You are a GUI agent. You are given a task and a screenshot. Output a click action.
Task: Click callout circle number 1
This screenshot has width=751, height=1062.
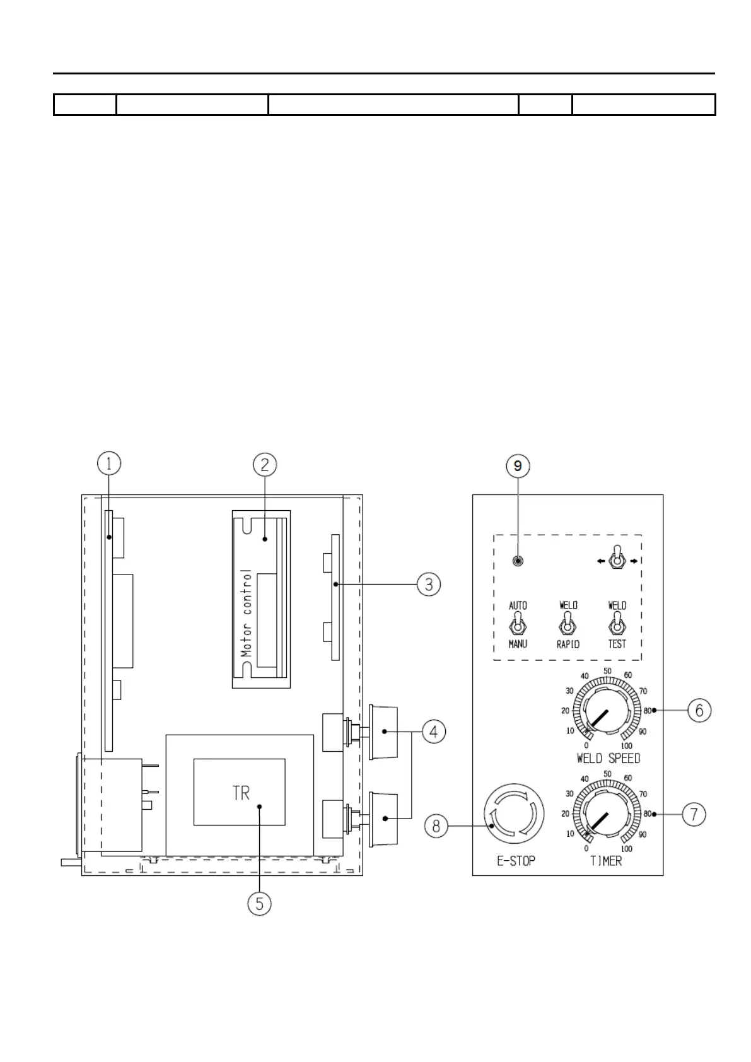[x=109, y=465]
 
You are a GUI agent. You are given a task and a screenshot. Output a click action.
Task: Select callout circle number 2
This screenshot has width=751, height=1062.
[x=265, y=465]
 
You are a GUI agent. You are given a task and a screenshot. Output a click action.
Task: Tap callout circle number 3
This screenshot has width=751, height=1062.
[x=428, y=585]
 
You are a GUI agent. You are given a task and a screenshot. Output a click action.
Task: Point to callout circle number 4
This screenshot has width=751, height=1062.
[x=434, y=732]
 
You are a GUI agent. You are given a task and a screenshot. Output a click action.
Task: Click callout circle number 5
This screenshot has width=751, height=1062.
[x=259, y=904]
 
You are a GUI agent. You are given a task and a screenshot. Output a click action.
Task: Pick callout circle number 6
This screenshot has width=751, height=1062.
[x=699, y=710]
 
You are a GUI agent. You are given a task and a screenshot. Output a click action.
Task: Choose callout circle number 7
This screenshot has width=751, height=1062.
[x=694, y=814]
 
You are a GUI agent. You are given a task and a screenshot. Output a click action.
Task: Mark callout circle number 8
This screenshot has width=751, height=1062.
[x=436, y=826]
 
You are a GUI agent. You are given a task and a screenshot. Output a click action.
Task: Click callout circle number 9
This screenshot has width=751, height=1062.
[x=518, y=466]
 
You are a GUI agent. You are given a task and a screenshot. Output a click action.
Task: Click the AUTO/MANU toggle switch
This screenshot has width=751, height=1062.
[x=518, y=626]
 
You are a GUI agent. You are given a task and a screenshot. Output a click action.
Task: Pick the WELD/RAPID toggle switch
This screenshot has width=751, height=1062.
[x=568, y=626]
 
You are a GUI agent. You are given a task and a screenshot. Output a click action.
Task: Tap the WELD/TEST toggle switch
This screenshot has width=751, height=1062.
[x=617, y=626]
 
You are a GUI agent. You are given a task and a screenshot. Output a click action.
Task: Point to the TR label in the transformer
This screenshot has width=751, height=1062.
[x=241, y=793]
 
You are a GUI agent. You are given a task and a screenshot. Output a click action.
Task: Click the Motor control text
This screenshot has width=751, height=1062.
[x=247, y=613]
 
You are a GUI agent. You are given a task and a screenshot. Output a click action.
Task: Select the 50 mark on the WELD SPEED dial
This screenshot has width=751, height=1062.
[x=607, y=670]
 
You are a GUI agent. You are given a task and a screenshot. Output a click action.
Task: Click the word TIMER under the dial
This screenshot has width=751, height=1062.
[x=606, y=861]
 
